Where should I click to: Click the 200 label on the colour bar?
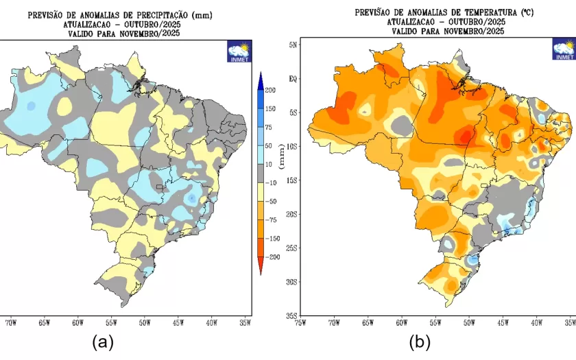271,91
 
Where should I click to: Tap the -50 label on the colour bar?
271,201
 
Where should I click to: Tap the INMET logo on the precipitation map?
239,51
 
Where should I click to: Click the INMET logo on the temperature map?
564,49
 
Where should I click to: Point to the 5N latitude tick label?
291,45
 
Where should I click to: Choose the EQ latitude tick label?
291,79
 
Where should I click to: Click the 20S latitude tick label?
290,214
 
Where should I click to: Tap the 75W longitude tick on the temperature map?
300,322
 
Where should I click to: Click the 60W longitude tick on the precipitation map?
77,322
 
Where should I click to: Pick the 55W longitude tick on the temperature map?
435,322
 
